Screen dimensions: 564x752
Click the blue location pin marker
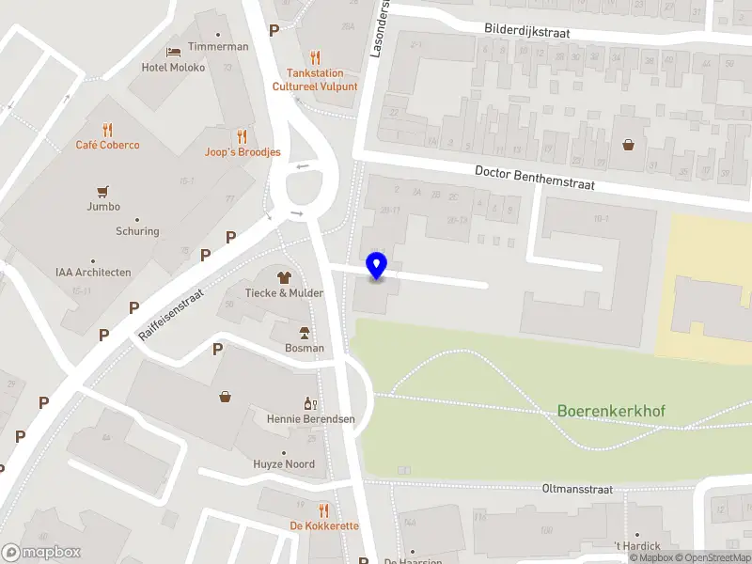click(377, 266)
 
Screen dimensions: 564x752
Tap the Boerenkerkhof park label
click(611, 411)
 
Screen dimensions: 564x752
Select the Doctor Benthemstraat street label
click(535, 178)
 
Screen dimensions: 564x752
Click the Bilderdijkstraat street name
click(527, 30)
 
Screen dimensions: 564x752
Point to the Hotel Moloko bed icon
click(173, 52)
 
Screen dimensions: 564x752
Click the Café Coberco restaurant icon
click(108, 130)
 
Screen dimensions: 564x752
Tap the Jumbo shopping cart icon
click(103, 191)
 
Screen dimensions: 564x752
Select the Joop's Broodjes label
click(243, 152)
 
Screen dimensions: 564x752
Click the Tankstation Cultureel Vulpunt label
click(315, 80)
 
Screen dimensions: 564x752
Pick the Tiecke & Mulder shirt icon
click(284, 277)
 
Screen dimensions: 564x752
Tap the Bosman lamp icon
click(305, 333)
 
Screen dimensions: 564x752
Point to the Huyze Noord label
click(284, 464)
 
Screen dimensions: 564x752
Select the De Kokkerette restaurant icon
click(324, 510)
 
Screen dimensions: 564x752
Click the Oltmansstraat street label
click(577, 490)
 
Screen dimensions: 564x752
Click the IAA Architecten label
click(93, 273)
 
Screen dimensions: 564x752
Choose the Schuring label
click(137, 231)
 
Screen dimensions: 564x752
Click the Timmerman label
click(218, 47)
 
